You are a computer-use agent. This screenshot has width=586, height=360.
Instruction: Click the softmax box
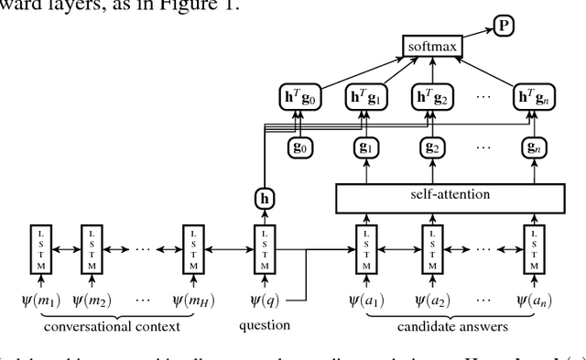click(x=434, y=45)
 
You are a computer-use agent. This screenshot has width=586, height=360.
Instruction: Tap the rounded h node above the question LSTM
click(x=266, y=198)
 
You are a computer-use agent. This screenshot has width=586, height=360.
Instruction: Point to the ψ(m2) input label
click(x=92, y=300)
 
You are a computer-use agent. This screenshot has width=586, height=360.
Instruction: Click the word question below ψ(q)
click(x=265, y=324)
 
